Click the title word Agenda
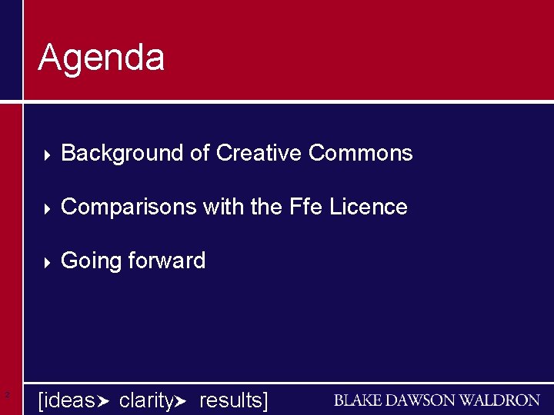coord(101,58)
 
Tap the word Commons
coord(360,154)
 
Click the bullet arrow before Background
coord(46,154)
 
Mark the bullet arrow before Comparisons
coord(46,208)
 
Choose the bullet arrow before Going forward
coord(46,262)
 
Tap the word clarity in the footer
coord(146,400)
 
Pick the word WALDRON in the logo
coord(502,400)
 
